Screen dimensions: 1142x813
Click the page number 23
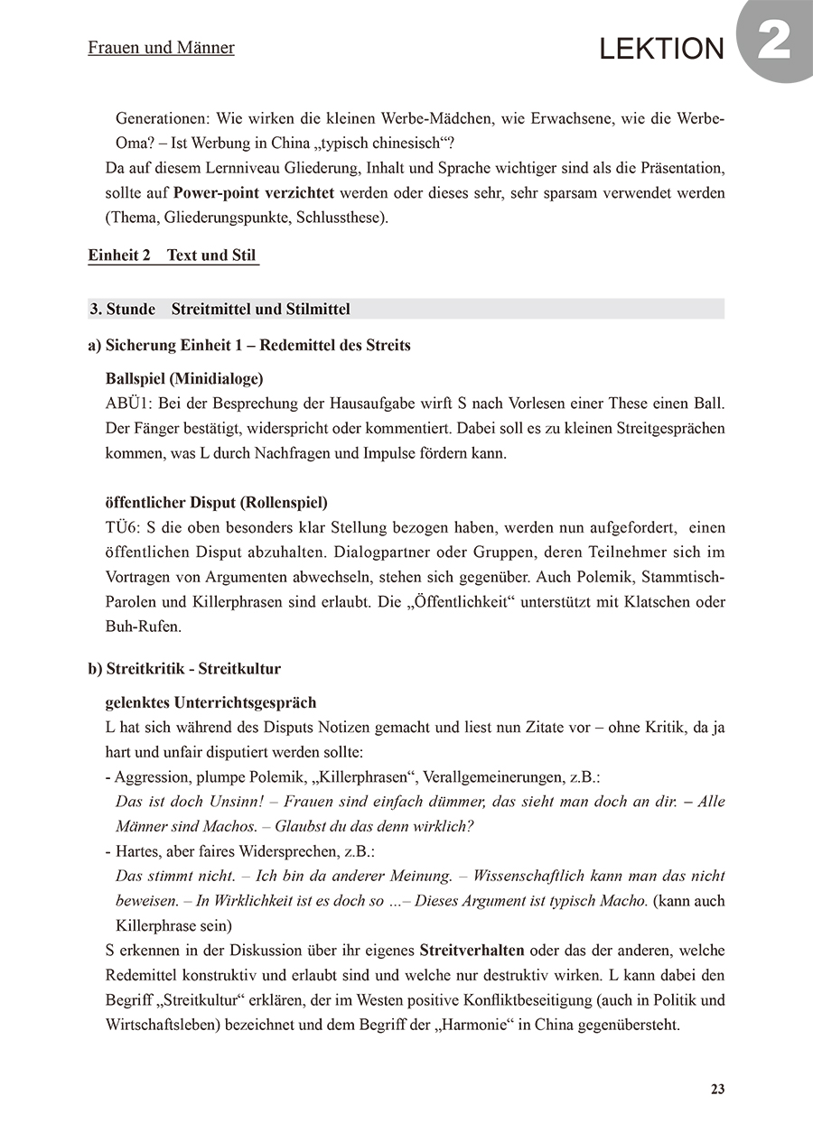pos(717,1090)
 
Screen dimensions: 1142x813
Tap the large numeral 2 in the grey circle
pos(775,42)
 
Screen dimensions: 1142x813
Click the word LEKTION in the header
pos(662,50)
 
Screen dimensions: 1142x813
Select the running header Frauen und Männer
pos(161,48)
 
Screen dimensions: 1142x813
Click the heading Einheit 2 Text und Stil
pos(173,255)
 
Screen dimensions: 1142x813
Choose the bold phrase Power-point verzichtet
pos(254,193)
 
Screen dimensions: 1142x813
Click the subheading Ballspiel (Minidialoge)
pos(184,378)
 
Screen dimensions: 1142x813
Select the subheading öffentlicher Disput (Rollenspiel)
pos(216,502)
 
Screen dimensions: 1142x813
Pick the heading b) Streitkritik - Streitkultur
pos(184,669)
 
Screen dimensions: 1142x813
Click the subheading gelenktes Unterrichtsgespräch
pos(210,702)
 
